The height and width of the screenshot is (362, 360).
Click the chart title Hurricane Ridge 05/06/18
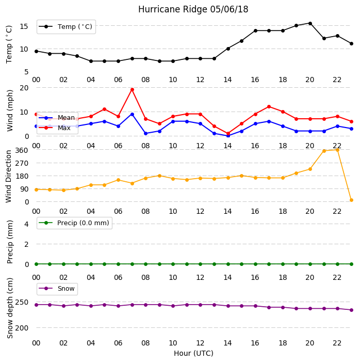pyautogui.click(x=193, y=9)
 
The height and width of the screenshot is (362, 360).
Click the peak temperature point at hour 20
pyautogui.click(x=310, y=24)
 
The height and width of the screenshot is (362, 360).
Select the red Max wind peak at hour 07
pyautogui.click(x=132, y=89)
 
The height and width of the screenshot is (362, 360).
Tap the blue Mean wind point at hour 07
pyautogui.click(x=132, y=114)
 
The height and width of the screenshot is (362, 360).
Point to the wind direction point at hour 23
pyautogui.click(x=351, y=200)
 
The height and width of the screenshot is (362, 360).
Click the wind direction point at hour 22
pyautogui.click(x=338, y=150)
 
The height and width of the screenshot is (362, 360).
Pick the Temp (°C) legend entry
pyautogui.click(x=66, y=27)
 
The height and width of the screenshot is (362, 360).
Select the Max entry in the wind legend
pyautogui.click(x=55, y=128)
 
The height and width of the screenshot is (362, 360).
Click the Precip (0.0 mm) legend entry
pyautogui.click(x=74, y=223)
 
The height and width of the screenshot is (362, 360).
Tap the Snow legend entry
pyautogui.click(x=57, y=289)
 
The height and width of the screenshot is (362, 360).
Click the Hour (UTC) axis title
pyautogui.click(x=193, y=353)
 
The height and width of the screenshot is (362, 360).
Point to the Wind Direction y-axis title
pyautogui.click(x=9, y=177)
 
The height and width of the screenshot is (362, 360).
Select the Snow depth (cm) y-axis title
pyautogui.click(x=10, y=308)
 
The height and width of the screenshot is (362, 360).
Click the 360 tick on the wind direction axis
pyautogui.click(x=22, y=150)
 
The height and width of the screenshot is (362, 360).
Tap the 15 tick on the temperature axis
pyautogui.click(x=24, y=26)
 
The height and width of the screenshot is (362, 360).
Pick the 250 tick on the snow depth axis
pyautogui.click(x=22, y=302)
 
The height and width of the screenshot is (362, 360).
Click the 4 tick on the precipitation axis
pyautogui.click(x=26, y=224)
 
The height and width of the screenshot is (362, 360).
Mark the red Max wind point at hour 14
pyautogui.click(x=228, y=133)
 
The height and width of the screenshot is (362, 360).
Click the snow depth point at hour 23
pyautogui.click(x=351, y=310)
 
